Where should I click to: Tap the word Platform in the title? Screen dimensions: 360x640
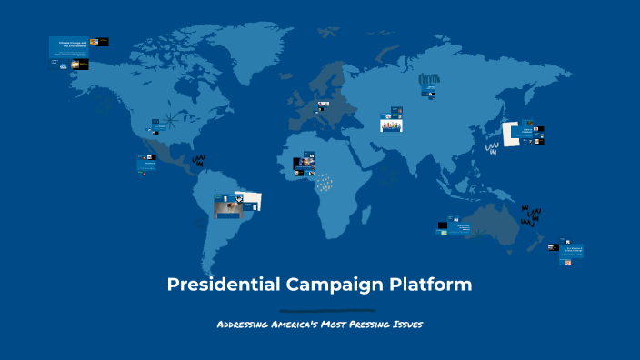(x=431, y=285)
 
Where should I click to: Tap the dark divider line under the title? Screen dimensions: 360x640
(x=320, y=310)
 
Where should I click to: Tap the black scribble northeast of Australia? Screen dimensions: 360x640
(x=530, y=215)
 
